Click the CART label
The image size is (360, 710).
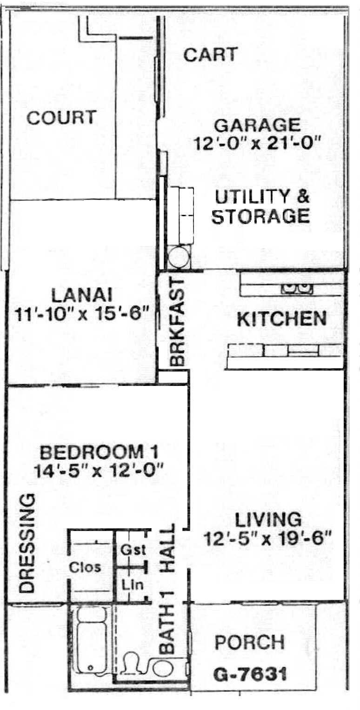(x=211, y=54)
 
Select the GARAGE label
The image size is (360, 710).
(x=257, y=125)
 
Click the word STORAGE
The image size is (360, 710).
(x=260, y=217)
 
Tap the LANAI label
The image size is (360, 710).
(x=82, y=296)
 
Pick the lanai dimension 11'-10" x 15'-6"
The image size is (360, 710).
(x=81, y=315)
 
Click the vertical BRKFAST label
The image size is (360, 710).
(x=177, y=322)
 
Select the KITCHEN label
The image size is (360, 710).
(x=282, y=319)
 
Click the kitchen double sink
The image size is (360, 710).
(x=297, y=288)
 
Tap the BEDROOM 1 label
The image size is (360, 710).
(x=99, y=452)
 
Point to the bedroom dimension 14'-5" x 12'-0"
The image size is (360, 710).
(x=99, y=471)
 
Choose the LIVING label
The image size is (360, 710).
(x=268, y=519)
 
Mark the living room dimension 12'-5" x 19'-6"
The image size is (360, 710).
(x=268, y=538)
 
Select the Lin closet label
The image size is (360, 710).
(x=133, y=585)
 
